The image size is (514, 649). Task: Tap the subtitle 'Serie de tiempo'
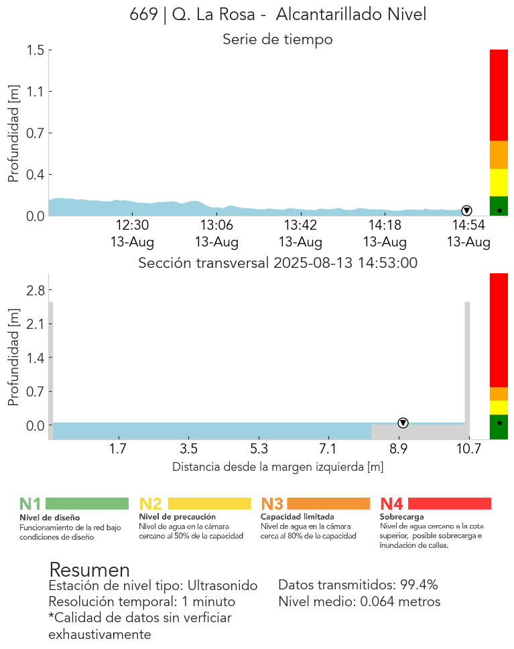click(x=277, y=40)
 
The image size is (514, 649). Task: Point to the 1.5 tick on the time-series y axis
click(x=36, y=50)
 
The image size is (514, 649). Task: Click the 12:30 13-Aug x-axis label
click(x=133, y=233)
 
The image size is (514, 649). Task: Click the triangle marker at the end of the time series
click(x=466, y=211)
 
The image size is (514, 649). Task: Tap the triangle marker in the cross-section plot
click(x=403, y=423)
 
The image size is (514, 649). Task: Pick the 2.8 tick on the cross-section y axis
click(x=36, y=290)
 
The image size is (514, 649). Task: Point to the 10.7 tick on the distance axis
click(x=469, y=449)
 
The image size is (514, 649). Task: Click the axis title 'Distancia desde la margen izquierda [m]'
click(x=277, y=467)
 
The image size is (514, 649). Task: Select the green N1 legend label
click(x=30, y=504)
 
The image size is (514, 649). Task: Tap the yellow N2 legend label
click(x=150, y=504)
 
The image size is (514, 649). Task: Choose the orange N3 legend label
click(x=271, y=504)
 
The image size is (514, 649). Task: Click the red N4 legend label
click(x=391, y=504)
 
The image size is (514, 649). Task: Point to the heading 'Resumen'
click(x=89, y=570)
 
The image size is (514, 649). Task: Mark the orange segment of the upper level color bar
click(x=499, y=155)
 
